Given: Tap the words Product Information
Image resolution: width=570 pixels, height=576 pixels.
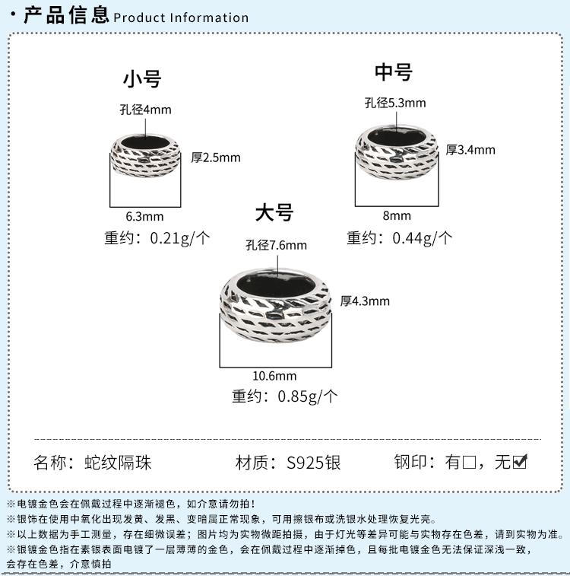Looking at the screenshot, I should click(181, 18).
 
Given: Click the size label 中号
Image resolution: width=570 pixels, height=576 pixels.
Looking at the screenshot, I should click(394, 72).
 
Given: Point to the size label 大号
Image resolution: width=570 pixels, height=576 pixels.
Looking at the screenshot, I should click(274, 212).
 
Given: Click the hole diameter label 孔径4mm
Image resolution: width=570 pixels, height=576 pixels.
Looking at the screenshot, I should click(145, 110).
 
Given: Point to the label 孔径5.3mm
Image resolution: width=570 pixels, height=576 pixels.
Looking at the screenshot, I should click(395, 103).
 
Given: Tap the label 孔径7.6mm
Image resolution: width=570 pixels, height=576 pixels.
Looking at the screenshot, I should click(276, 245).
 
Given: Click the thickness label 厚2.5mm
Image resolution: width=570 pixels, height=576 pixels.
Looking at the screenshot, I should click(216, 158).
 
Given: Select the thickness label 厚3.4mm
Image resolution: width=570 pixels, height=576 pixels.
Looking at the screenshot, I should click(470, 149).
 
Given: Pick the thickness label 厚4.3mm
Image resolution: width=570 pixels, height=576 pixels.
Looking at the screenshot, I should click(365, 301).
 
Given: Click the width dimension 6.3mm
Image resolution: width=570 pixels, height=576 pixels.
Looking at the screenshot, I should click(144, 216).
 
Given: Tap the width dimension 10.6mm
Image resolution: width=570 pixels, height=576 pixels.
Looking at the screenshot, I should click(274, 375).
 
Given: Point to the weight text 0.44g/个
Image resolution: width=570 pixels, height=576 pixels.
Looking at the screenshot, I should click(422, 237).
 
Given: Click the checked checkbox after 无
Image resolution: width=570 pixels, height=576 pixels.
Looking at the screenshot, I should click(520, 461).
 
